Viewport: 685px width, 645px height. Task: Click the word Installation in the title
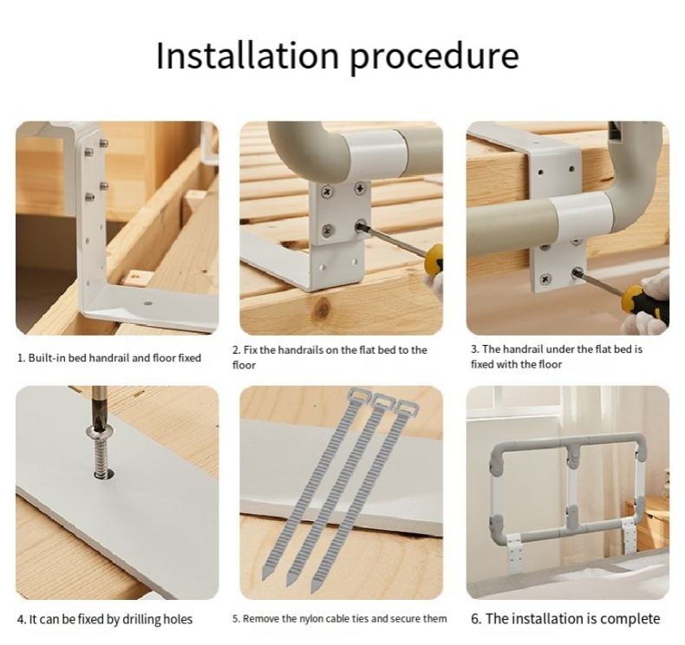(247, 55)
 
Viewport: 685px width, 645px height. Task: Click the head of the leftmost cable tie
(358, 395)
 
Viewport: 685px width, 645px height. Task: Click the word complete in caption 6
(630, 619)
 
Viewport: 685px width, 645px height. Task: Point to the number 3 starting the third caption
(473, 349)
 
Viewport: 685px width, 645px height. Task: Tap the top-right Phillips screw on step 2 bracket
(361, 189)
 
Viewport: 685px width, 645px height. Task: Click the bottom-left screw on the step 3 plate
(545, 278)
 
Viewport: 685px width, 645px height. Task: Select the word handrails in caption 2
(300, 350)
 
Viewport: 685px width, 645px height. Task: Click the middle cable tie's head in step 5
(382, 400)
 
